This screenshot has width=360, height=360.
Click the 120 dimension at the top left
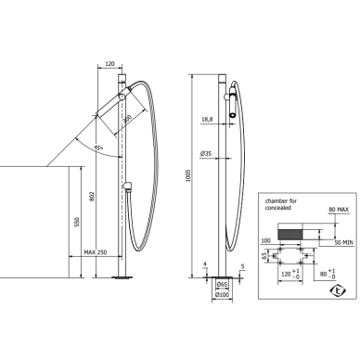click(x=109, y=64)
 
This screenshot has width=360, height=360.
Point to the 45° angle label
click(x=98, y=148)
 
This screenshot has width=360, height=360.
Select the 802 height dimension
click(x=92, y=197)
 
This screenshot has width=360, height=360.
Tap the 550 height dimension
click(x=77, y=222)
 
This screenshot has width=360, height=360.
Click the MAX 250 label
click(x=96, y=252)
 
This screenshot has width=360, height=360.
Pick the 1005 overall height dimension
click(x=188, y=175)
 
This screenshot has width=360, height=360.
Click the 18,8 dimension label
click(x=207, y=120)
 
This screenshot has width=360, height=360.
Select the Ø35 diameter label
click(x=206, y=153)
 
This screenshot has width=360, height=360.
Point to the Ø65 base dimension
click(x=222, y=284)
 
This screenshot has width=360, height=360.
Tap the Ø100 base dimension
click(x=222, y=295)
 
